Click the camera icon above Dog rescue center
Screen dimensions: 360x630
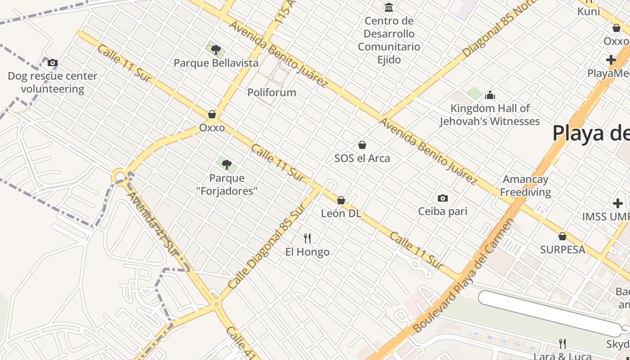53,63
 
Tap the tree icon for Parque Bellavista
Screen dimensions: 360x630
216,49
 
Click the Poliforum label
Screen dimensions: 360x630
272,93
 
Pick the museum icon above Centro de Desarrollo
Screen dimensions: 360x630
389,8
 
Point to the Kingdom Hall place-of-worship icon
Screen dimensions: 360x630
490,95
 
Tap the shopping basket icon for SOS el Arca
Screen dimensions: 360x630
362,145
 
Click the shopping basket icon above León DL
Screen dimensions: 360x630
341,200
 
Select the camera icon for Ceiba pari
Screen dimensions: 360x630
443,198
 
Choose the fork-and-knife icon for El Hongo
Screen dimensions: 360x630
307,238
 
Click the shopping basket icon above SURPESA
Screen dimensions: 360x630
562,236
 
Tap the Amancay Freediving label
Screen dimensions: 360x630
525,186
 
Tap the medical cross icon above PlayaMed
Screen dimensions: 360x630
611,59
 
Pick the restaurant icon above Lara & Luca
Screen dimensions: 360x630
562,344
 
